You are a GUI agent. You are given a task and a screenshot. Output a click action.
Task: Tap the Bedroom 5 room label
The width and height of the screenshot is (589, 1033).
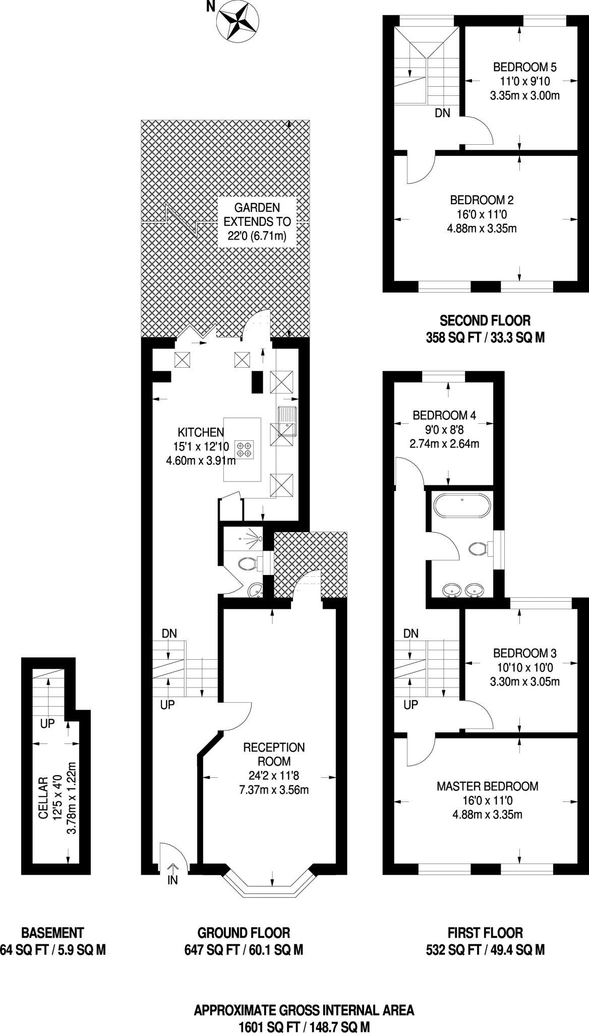[524, 67]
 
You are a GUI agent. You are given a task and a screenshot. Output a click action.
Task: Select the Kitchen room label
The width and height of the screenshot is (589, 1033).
[200, 432]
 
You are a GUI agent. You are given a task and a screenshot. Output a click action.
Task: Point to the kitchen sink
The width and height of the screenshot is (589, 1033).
[287, 421]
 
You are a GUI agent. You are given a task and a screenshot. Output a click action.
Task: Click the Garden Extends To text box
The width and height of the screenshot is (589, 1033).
[257, 221]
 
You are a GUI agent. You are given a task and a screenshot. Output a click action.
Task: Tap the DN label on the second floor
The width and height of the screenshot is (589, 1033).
[442, 113]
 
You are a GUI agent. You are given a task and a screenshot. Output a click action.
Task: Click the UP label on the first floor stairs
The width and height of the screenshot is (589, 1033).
[411, 705]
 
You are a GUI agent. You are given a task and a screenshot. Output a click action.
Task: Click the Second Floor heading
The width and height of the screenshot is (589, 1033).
[485, 320]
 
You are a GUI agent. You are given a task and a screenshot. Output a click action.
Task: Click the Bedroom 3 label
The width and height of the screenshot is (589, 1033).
[524, 653]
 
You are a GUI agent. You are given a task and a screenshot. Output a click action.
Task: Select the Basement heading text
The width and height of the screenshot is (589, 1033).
[52, 933]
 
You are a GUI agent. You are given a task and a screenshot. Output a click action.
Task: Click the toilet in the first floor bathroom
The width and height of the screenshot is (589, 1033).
[478, 548]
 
